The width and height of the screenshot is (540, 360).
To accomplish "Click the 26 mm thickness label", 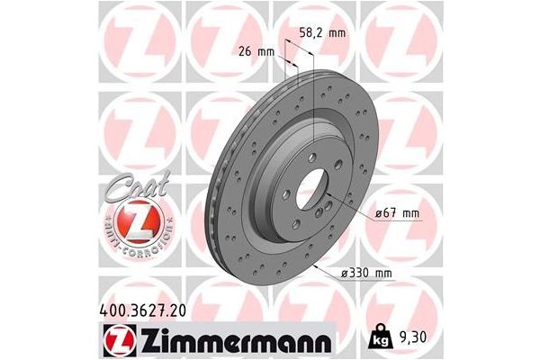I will click(257, 51).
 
